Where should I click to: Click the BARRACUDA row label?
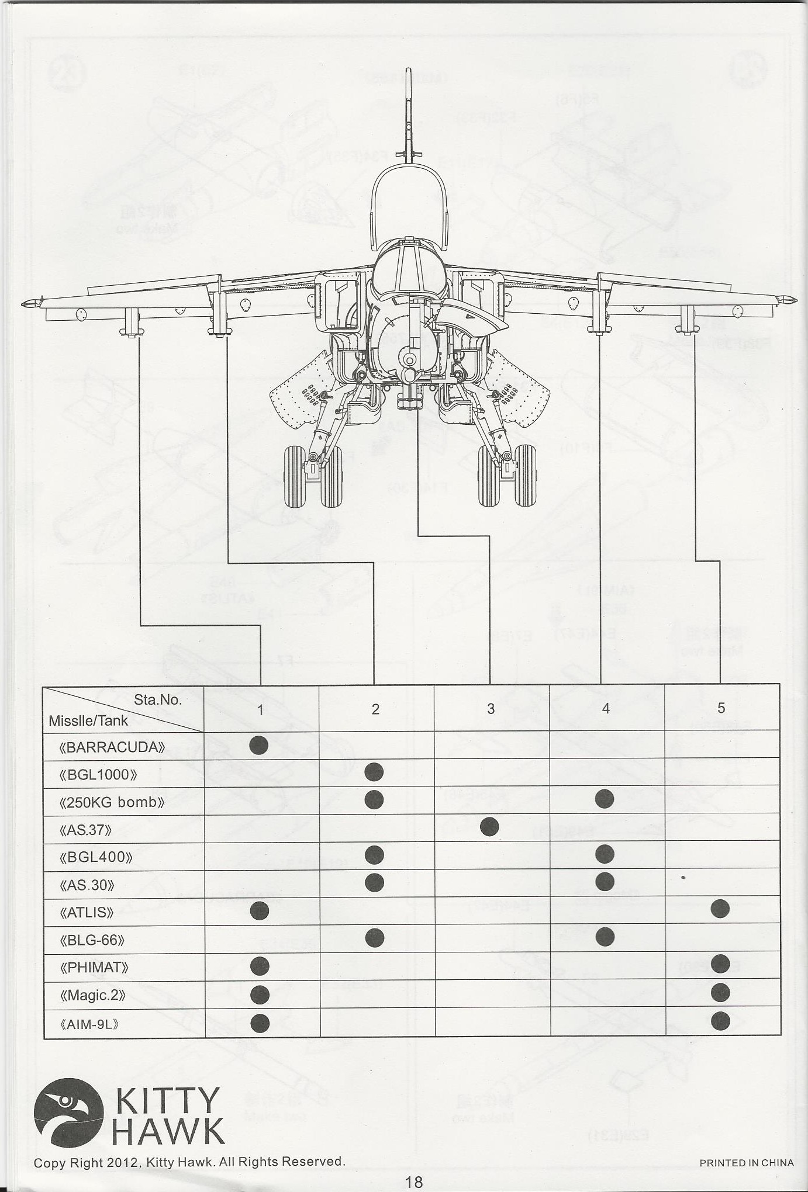(112, 747)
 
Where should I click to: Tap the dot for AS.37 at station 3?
(489, 826)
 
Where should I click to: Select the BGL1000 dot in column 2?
(374, 772)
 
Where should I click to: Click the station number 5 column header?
(721, 708)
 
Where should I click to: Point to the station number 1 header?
(261, 709)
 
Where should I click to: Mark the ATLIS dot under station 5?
(720, 908)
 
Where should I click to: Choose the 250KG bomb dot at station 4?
(605, 799)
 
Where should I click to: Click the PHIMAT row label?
(95, 967)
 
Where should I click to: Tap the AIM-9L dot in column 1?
(260, 1023)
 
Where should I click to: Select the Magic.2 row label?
(93, 995)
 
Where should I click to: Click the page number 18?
(413, 1181)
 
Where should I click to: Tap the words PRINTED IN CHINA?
(747, 1162)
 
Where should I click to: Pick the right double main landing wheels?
(507, 476)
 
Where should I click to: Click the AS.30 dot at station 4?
(605, 881)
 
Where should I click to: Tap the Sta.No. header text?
(158, 700)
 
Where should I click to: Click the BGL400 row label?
(96, 857)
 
